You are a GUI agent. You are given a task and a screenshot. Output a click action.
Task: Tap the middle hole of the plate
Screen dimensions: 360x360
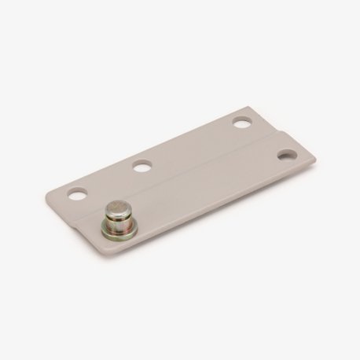pyautogui.click(x=141, y=166)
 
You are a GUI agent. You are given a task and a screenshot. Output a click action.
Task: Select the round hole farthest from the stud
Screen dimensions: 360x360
pyautogui.click(x=241, y=124)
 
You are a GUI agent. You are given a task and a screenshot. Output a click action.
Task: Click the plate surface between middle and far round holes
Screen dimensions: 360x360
pyautogui.click(x=191, y=146)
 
